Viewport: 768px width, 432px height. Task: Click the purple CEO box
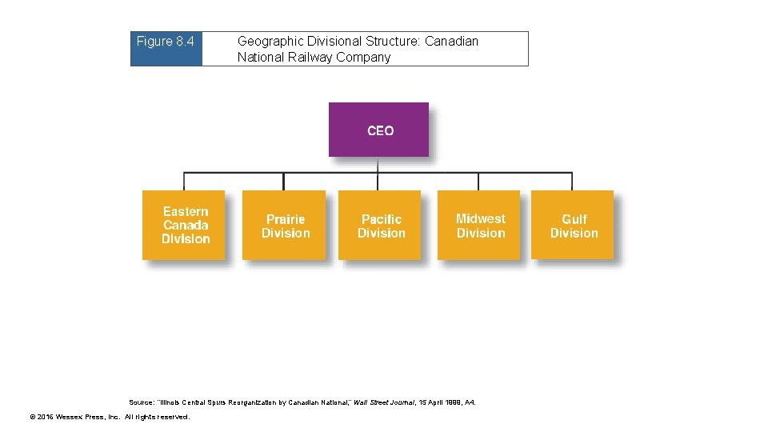click(378, 130)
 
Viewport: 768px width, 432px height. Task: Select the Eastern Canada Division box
click(183, 225)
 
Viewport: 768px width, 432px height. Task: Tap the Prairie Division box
click(283, 225)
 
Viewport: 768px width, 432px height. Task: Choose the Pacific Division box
click(379, 225)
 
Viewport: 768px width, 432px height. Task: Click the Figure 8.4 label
click(166, 42)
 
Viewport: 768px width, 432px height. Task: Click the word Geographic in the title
click(270, 42)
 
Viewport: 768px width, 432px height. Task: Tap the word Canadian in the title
click(451, 42)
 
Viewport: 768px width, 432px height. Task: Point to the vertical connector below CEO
click(378, 165)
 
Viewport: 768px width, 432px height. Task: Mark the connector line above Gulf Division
click(573, 182)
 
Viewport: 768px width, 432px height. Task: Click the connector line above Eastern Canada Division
click(185, 182)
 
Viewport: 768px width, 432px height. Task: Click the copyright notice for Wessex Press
click(109, 417)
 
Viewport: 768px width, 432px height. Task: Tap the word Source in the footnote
click(141, 402)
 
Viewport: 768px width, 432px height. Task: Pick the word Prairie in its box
click(286, 219)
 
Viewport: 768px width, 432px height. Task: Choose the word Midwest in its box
click(480, 218)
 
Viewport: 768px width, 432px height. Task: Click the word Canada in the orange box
click(186, 225)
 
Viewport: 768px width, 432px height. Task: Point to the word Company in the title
click(366, 58)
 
